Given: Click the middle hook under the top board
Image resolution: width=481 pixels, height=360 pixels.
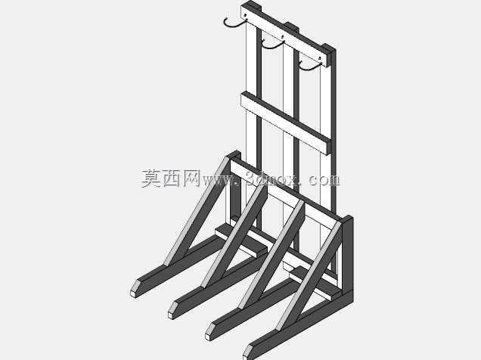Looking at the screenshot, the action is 272,47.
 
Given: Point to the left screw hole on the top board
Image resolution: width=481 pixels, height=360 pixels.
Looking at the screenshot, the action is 245,14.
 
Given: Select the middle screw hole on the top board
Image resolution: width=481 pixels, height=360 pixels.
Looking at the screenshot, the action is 283,36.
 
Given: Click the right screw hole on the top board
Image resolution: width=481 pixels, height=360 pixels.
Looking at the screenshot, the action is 320,57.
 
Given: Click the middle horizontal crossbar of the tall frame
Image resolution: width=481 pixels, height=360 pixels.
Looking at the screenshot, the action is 286,123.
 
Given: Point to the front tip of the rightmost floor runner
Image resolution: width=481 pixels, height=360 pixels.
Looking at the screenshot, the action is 247,353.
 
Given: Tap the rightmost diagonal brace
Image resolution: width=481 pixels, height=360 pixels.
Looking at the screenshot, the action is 309,276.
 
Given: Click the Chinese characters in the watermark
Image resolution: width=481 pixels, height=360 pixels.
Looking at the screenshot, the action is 171,178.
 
